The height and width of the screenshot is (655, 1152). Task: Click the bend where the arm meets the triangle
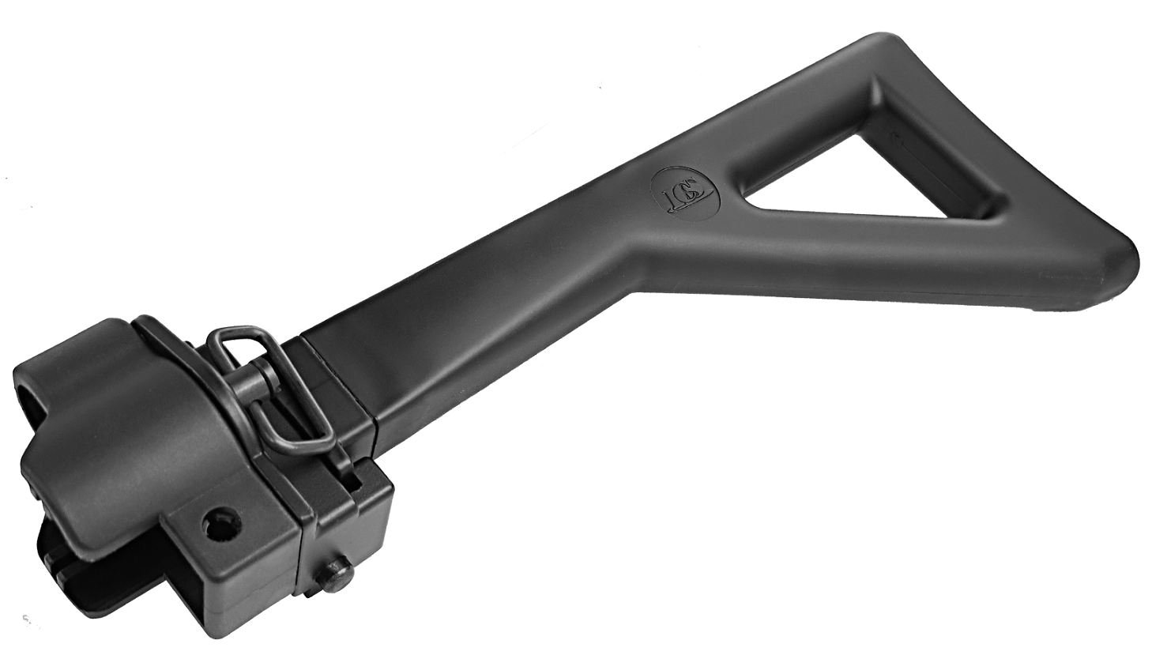point(632,237)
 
